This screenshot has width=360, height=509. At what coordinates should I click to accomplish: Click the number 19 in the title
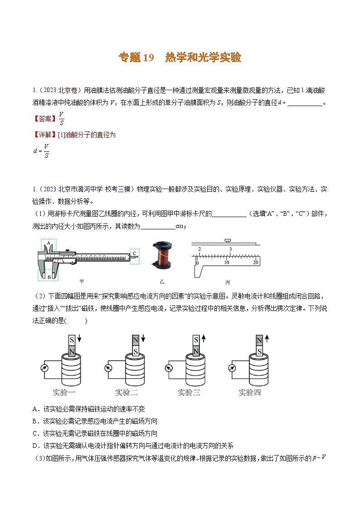point(149,58)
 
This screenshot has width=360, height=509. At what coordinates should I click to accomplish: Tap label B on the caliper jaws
point(49,276)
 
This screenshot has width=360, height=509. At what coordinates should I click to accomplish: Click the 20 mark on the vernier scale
point(255,263)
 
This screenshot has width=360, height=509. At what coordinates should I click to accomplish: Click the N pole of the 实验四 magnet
point(259,340)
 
